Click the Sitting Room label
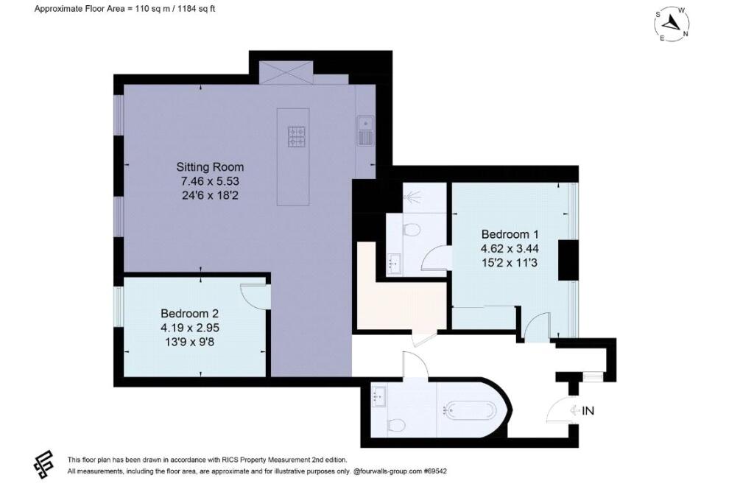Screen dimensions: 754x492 click(210, 167)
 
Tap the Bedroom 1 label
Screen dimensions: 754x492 click(510, 234)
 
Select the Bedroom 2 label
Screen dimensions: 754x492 click(189, 314)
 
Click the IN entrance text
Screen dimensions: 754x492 click(588, 411)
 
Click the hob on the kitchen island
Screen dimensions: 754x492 click(297, 136)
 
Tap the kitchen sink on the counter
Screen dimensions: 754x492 click(365, 130)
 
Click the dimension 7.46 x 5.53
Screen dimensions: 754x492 click(210, 181)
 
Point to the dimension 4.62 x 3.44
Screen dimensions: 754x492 click(510, 249)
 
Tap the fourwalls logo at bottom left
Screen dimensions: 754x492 click(43, 463)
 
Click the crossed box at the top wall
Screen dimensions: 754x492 click(286, 73)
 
